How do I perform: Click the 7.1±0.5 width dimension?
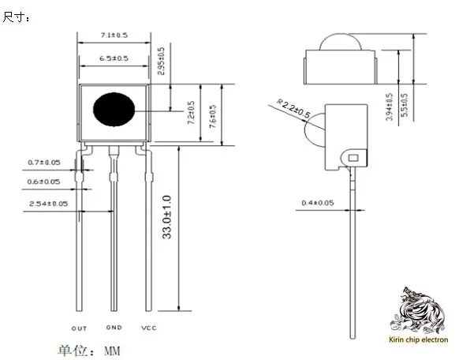[x=115, y=36]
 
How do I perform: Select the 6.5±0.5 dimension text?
[x=114, y=58]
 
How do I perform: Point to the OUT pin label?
[x=79, y=328]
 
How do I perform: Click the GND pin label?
[x=114, y=328]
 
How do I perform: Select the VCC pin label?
[x=149, y=328]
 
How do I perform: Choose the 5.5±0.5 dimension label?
[x=405, y=106]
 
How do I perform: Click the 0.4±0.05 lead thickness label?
[x=318, y=204]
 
